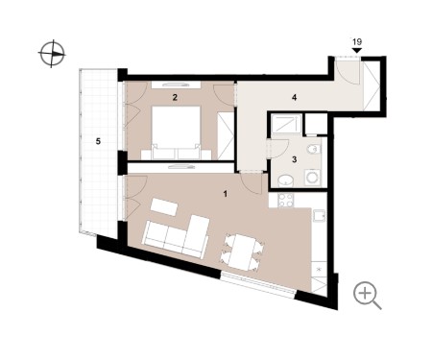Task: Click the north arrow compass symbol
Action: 52,54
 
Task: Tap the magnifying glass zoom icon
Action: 367,295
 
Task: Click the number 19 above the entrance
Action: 357,41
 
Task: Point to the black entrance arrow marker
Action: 357,51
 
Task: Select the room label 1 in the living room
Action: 226,194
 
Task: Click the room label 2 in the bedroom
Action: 175,97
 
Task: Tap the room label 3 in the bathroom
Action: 295,159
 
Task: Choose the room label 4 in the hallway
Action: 295,97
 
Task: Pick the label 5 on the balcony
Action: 98,141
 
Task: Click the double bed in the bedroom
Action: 176,132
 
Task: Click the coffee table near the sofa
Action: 164,207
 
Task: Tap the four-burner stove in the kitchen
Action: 285,201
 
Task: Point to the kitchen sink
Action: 319,216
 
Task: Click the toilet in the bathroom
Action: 313,149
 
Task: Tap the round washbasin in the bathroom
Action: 285,181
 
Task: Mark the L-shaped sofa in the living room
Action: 177,237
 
